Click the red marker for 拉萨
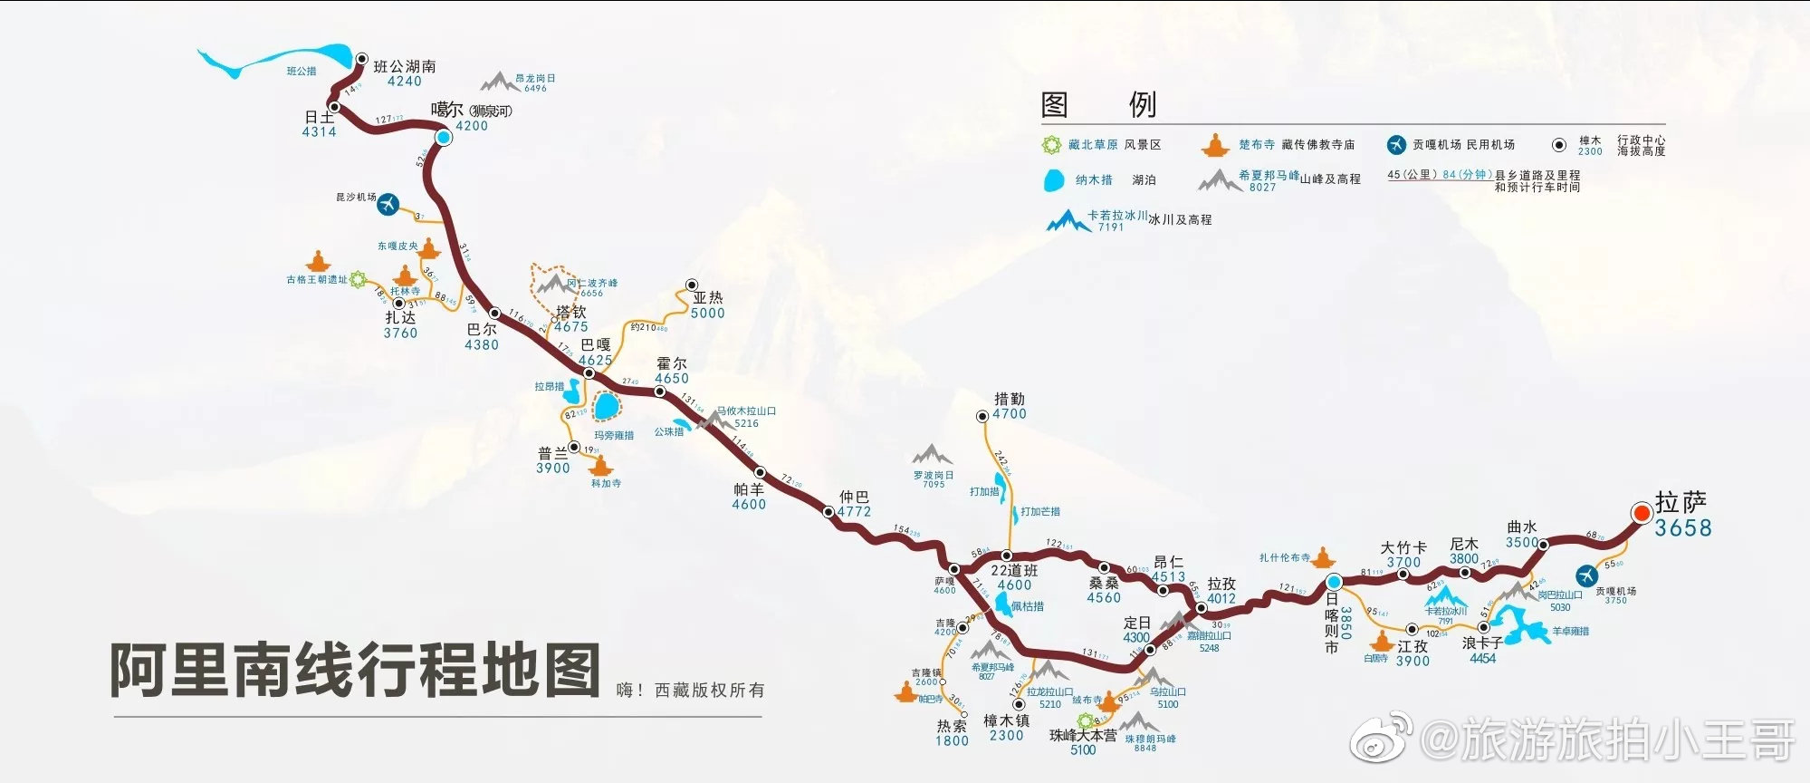(x=1641, y=513)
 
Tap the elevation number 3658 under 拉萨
(x=1682, y=528)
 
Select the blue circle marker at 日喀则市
(x=1333, y=582)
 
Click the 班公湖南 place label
(x=405, y=66)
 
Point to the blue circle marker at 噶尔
(x=444, y=137)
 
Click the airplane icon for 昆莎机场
(x=388, y=204)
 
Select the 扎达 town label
(x=400, y=317)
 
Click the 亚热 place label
(x=708, y=297)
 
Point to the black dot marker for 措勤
(x=982, y=416)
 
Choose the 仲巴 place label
(x=854, y=497)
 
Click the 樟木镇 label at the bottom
(x=1006, y=720)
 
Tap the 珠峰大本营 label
(x=1083, y=736)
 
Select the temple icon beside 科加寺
(x=599, y=466)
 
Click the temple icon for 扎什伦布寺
(x=1323, y=556)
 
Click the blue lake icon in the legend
(x=1053, y=180)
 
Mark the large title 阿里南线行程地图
(x=355, y=670)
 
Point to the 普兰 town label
(x=553, y=453)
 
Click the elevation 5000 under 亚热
(x=707, y=314)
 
